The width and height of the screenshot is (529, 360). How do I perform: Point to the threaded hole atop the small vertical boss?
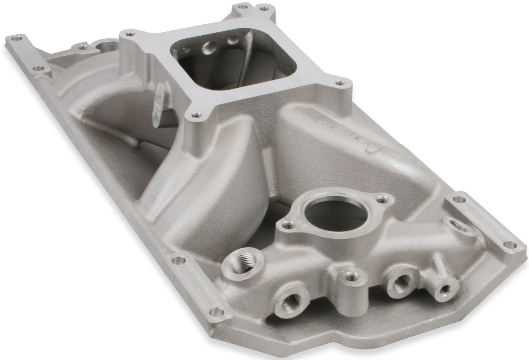352,277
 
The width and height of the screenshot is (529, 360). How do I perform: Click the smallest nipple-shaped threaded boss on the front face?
444,288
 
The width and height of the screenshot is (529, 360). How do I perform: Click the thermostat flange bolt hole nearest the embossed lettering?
381,200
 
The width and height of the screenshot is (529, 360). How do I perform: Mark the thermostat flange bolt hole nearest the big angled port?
288,225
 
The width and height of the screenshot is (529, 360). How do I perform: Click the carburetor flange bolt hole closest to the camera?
196,115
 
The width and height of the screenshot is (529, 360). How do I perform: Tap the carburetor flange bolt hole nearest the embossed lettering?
340,83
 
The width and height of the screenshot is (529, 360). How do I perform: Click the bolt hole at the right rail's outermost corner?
510,245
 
